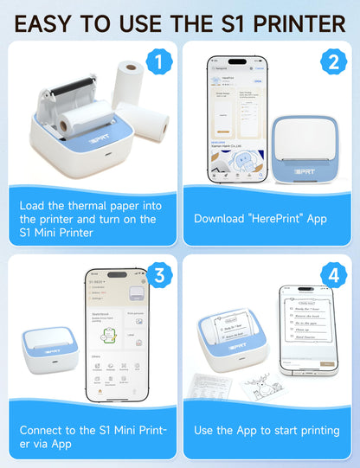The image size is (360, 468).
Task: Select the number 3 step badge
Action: [x=157, y=275]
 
